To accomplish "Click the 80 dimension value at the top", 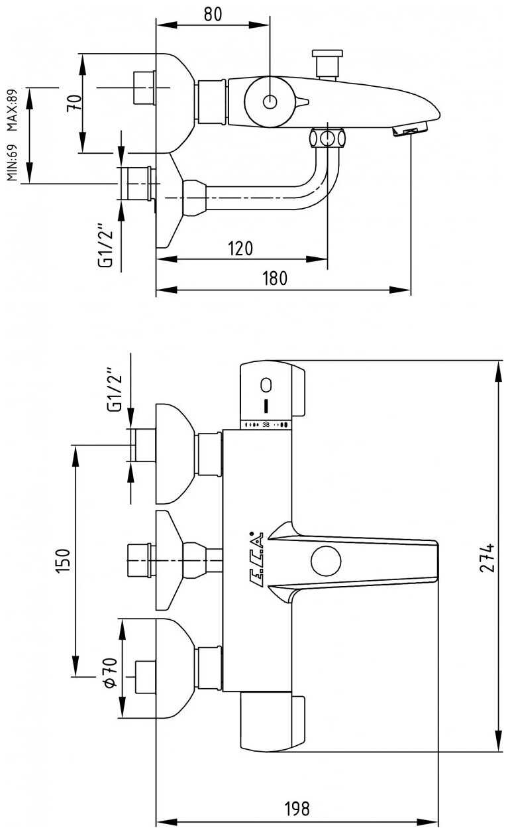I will pos(213,14).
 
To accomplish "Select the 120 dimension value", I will pos(241,249).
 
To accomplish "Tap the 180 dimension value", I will pos(274,278).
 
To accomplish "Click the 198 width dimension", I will pos(297,809).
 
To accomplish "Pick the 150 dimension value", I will pos(62,560).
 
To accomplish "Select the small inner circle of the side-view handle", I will pos(270,101).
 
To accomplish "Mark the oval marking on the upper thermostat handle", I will pos(266,385).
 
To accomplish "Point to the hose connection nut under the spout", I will pos(327,139).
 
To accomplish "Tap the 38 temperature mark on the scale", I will pos(266,424).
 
